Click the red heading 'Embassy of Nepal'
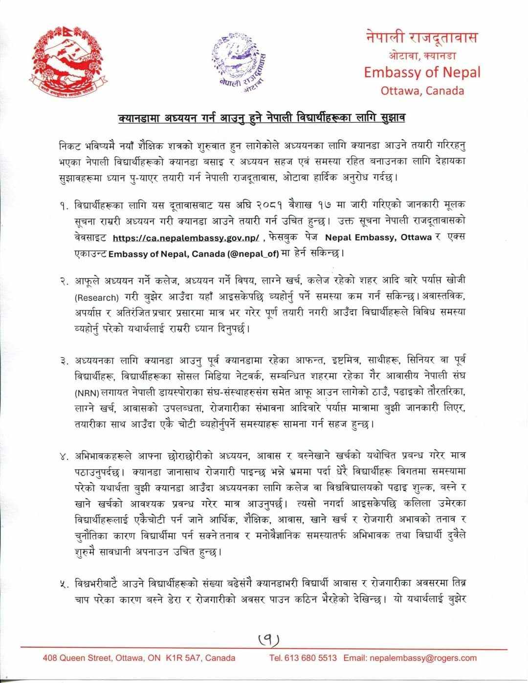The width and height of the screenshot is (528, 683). coord(422,72)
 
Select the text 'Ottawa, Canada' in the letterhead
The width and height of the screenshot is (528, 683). coord(422,91)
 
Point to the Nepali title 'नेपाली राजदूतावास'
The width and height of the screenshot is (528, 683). coord(422,37)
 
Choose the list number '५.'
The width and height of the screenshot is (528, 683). coord(64,582)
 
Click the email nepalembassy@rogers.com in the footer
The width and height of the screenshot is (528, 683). coord(423,658)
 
